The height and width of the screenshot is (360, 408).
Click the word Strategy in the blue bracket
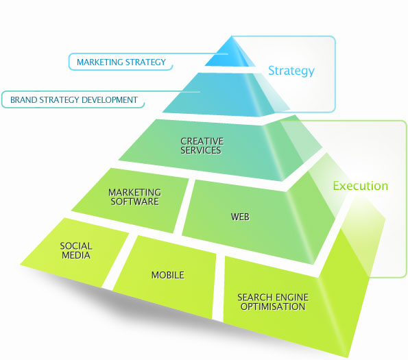(291, 71)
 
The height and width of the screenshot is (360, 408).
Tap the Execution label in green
(361, 186)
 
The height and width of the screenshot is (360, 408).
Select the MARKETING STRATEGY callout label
(121, 62)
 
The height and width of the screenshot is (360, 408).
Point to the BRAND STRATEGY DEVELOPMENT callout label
(74, 100)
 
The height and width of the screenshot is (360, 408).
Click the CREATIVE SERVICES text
(202, 145)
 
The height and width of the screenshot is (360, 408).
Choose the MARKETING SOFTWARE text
(135, 197)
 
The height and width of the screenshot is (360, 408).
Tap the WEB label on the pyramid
(240, 217)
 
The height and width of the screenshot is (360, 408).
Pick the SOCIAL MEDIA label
(76, 250)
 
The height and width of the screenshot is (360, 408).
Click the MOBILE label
(168, 275)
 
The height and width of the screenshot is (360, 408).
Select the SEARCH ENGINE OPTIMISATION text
(273, 302)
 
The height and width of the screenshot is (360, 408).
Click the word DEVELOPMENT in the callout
(110, 100)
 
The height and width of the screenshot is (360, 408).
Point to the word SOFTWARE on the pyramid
(135, 202)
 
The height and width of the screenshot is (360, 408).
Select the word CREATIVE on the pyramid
(202, 141)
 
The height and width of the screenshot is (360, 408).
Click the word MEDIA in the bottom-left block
(76, 255)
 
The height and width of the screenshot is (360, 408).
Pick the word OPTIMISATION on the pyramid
(273, 307)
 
